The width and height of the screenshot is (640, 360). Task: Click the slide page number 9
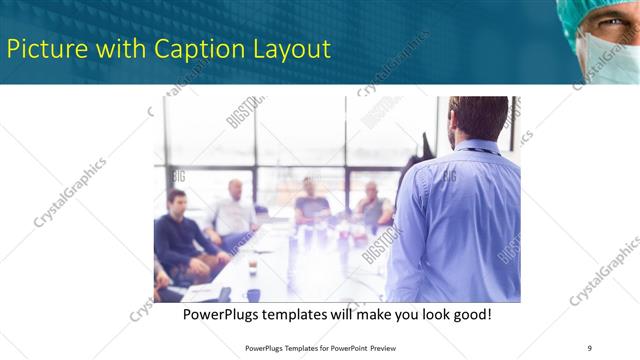pyautogui.click(x=589, y=348)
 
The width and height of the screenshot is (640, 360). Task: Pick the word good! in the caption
pyautogui.click(x=470, y=314)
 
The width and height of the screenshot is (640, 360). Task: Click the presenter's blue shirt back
pyautogui.click(x=460, y=220)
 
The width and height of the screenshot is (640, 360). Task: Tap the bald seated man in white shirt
pyautogui.click(x=234, y=210)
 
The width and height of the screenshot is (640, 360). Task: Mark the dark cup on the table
pyautogui.click(x=253, y=294)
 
